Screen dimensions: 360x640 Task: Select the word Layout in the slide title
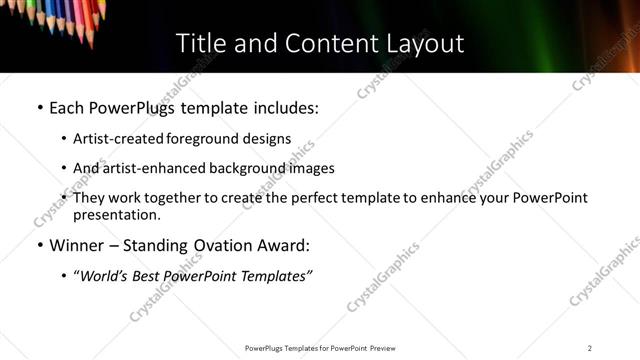pos(424,44)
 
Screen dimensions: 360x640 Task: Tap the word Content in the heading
pos(310,44)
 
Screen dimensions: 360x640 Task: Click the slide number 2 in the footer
pos(589,348)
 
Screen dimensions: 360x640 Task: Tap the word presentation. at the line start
pos(116,215)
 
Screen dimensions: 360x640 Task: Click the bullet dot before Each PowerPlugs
pos(39,108)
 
